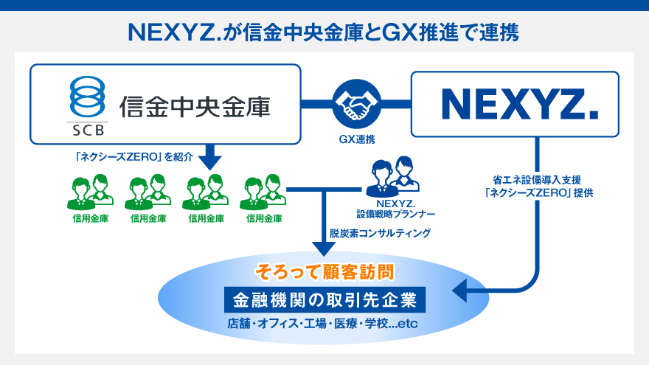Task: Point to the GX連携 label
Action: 355,139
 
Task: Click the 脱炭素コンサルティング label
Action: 381,232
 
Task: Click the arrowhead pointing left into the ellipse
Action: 459,292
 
